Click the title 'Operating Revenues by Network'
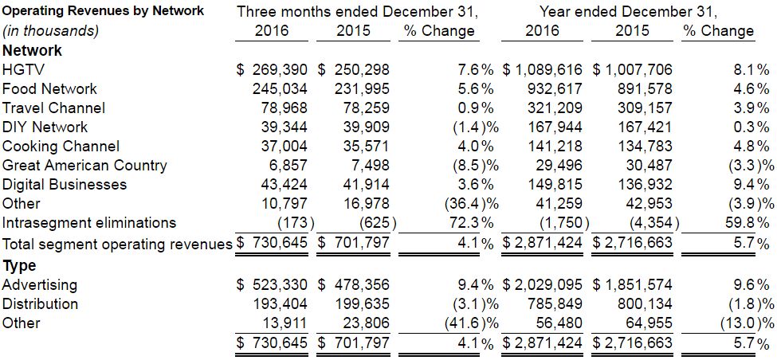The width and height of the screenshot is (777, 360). click(102, 11)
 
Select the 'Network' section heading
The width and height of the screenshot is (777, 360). click(32, 50)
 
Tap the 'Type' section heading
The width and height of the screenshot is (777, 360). click(19, 265)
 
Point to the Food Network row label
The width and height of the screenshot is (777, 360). click(49, 88)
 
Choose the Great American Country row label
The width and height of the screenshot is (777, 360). click(84, 165)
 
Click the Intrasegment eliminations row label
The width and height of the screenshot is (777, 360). click(89, 222)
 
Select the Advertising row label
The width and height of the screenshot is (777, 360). click(40, 284)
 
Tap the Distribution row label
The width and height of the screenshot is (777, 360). click(40, 303)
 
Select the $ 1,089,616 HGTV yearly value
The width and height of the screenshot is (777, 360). click(542, 69)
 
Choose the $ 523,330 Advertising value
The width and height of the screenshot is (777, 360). click(273, 284)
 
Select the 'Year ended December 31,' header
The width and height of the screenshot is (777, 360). click(628, 11)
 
